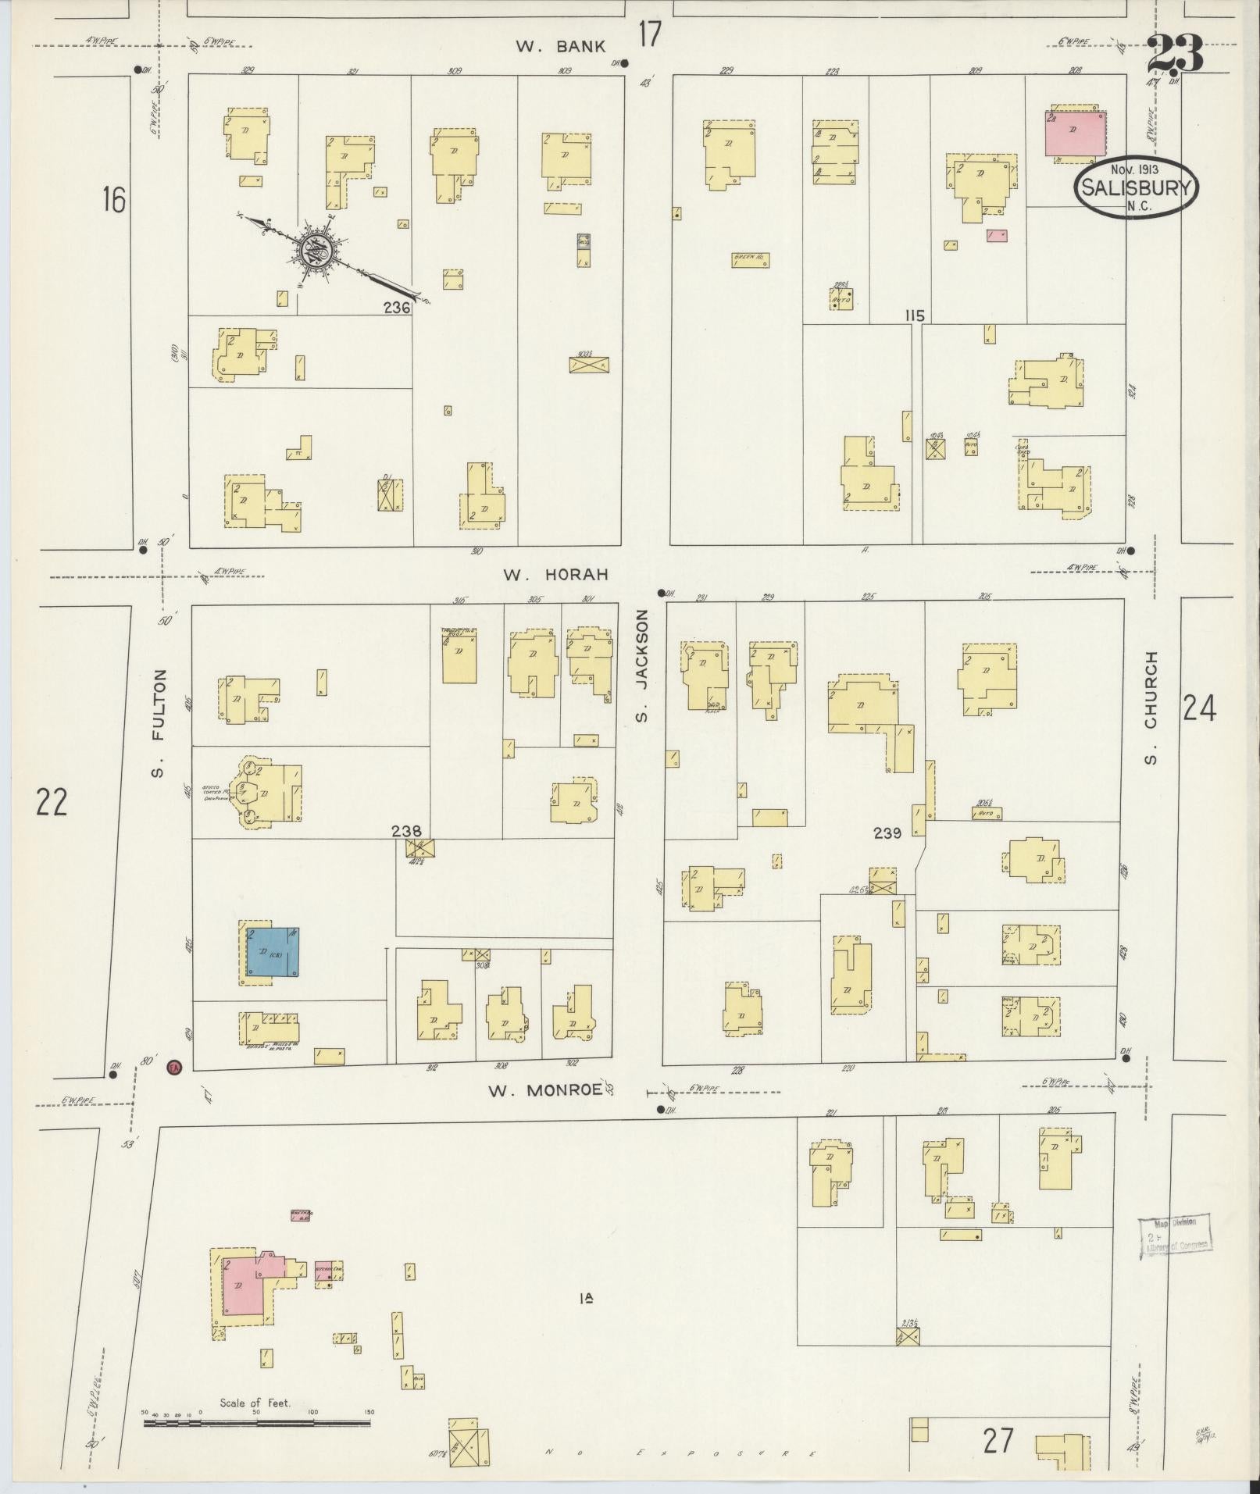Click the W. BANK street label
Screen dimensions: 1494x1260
click(560, 47)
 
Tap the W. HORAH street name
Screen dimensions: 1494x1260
click(555, 575)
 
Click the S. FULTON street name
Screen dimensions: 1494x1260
click(159, 722)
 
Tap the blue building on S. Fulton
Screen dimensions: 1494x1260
click(273, 952)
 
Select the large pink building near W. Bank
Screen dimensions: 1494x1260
click(1076, 133)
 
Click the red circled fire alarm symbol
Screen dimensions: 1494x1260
click(175, 1066)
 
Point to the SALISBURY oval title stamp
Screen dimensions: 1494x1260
click(1136, 186)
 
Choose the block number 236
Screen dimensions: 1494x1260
click(397, 308)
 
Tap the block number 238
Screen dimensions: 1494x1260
click(406, 832)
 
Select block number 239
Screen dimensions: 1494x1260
click(887, 833)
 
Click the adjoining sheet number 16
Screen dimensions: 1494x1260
click(112, 200)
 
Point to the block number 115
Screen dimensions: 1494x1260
click(915, 316)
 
